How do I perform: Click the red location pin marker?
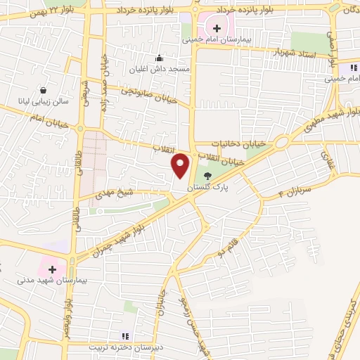click(181, 165)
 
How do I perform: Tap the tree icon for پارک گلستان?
click(207, 176)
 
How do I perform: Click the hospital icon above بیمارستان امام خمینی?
click(217, 29)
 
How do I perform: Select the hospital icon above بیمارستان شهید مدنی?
click(52, 268)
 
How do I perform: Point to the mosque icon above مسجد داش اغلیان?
click(160, 59)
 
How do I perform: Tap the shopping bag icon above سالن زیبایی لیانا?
click(44, 90)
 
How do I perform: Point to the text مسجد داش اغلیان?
click(156, 70)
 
